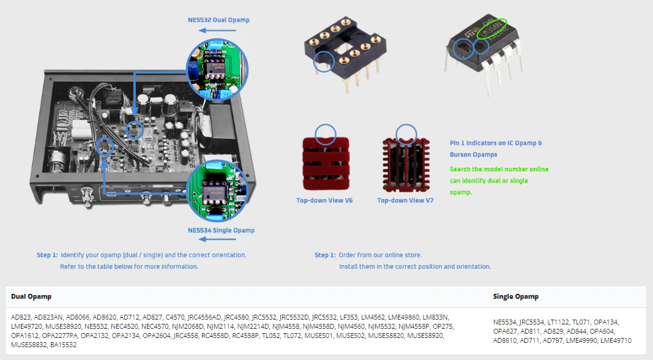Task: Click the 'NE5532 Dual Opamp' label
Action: tap(218, 20)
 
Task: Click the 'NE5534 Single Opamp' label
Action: tap(221, 230)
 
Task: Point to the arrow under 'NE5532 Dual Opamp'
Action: tap(217, 31)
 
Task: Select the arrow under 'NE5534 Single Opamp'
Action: tap(217, 239)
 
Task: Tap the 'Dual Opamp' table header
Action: tap(31, 297)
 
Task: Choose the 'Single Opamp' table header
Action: tap(515, 297)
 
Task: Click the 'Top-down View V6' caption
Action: tap(324, 200)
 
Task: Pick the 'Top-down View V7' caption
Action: tap(405, 200)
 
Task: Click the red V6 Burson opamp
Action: tap(326, 163)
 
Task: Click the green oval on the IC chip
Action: tap(492, 28)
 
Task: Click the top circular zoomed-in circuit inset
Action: tap(217, 70)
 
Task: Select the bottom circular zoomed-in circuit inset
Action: tap(217, 191)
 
